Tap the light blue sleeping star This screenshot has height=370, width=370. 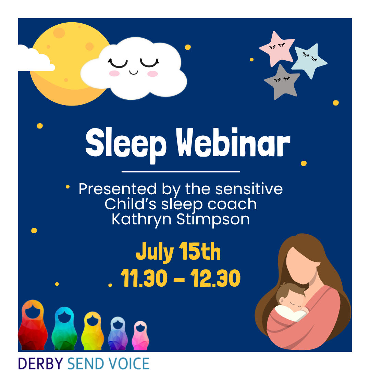tap(309, 60)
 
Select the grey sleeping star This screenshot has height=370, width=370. tap(282, 82)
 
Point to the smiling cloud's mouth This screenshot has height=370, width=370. tap(133, 72)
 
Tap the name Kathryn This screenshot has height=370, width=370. tap(141, 220)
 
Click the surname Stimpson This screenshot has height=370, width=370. tap(213, 220)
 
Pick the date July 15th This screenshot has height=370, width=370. tap(178, 252)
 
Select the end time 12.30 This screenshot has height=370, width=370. tap(215, 278)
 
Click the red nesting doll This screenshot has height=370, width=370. tap(33, 325)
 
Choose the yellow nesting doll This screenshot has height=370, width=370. tap(92, 331)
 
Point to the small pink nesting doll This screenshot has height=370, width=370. tap(140, 335)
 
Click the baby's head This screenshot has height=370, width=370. tap(290, 296)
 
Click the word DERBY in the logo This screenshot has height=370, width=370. tap(40, 363)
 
